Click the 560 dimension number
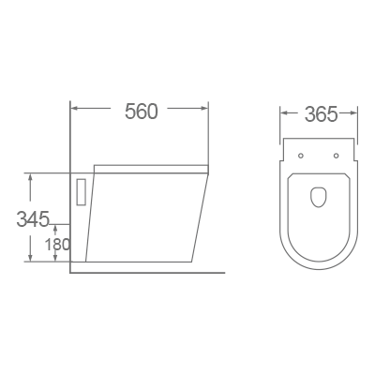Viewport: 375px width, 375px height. [x=141, y=112]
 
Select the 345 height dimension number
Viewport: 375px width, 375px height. [x=32, y=220]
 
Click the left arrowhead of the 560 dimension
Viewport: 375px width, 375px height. [x=75, y=110]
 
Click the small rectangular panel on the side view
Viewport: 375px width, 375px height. [x=81, y=191]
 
